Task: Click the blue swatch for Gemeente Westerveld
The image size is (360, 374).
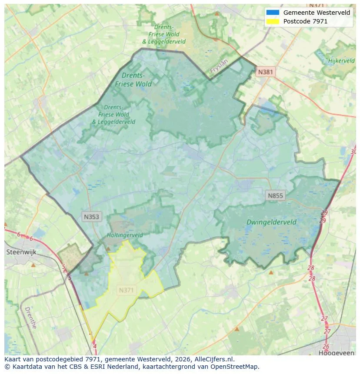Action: [x=273, y=13]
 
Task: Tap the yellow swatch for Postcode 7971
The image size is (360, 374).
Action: [x=273, y=21]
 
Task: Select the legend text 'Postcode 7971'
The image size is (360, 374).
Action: [x=305, y=21]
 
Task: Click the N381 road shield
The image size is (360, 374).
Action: [x=265, y=72]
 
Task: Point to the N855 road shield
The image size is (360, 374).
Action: [x=275, y=195]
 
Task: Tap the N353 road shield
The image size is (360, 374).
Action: [x=92, y=216]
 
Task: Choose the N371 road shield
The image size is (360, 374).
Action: [x=127, y=290]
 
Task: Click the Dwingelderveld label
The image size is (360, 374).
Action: [x=271, y=222]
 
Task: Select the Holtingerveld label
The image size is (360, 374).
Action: [x=125, y=235]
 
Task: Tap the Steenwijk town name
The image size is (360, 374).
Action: [x=21, y=252]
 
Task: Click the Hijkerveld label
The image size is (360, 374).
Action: [x=342, y=61]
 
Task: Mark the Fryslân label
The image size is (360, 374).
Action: [x=219, y=66]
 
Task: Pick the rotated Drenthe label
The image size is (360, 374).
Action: [x=30, y=318]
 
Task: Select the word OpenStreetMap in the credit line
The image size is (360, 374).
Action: [x=235, y=367]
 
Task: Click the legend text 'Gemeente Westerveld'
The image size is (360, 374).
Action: [x=317, y=13]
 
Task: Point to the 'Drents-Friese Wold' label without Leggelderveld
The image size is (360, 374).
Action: [x=133, y=79]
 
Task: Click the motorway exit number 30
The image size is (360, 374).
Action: [x=353, y=152]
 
